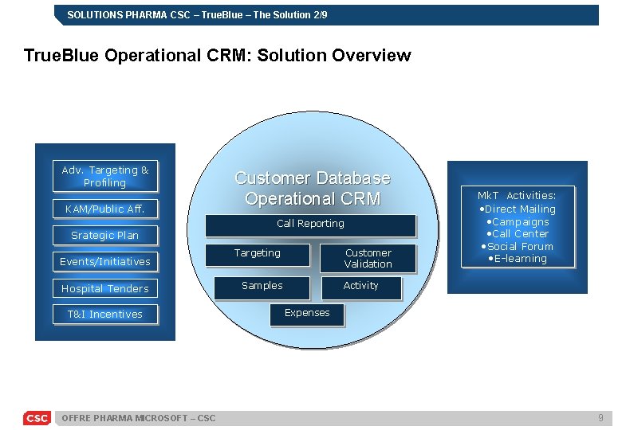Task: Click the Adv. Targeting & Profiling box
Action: pyautogui.click(x=105, y=177)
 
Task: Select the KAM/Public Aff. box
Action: pyautogui.click(x=105, y=209)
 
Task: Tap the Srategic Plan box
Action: pyautogui.click(x=105, y=235)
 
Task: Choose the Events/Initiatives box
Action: pyautogui.click(x=105, y=261)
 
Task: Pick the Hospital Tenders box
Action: pyautogui.click(x=105, y=288)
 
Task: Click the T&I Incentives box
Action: pyautogui.click(x=105, y=315)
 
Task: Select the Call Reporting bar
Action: pyautogui.click(x=311, y=225)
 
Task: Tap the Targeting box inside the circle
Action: pyautogui.click(x=258, y=254)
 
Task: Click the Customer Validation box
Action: pyautogui.click(x=368, y=258)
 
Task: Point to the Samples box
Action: pyautogui.click(x=262, y=287)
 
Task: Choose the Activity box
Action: pyautogui.click(x=361, y=287)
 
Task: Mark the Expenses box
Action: pyautogui.click(x=307, y=313)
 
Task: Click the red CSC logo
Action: pyautogui.click(x=37, y=418)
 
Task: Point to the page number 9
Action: pyautogui.click(x=600, y=418)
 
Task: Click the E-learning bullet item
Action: pyautogui.click(x=517, y=259)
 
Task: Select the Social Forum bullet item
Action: pyautogui.click(x=519, y=246)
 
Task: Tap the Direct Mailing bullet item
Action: pyautogui.click(x=519, y=209)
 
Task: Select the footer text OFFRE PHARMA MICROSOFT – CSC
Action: pyautogui.click(x=138, y=418)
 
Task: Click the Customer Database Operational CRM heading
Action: pyautogui.click(x=313, y=188)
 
